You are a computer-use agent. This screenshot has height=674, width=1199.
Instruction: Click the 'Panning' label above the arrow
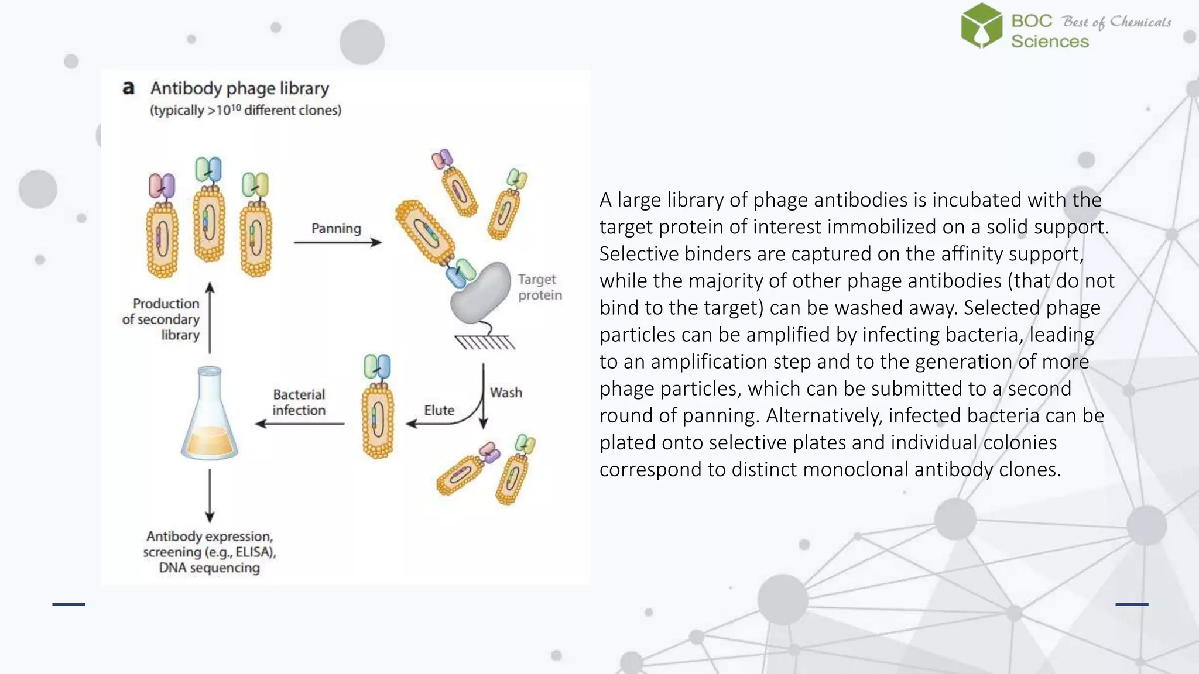[336, 228]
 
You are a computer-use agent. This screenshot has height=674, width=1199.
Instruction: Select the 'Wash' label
[506, 393]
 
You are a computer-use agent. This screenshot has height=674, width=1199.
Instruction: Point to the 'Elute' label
[439, 410]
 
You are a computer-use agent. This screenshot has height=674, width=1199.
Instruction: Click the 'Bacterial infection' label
[299, 402]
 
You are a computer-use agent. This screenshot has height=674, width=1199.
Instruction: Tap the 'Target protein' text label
[539, 287]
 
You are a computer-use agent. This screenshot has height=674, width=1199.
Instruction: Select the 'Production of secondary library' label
[162, 319]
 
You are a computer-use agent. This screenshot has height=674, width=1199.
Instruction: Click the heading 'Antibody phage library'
[239, 88]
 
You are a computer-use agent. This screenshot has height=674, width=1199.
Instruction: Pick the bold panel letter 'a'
[128, 88]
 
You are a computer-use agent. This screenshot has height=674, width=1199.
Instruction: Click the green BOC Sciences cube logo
[982, 26]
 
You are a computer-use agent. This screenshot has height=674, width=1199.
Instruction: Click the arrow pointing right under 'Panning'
[337, 242]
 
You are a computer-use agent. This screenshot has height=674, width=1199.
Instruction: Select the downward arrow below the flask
[210, 495]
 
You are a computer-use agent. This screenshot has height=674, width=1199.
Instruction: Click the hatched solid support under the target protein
[485, 342]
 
